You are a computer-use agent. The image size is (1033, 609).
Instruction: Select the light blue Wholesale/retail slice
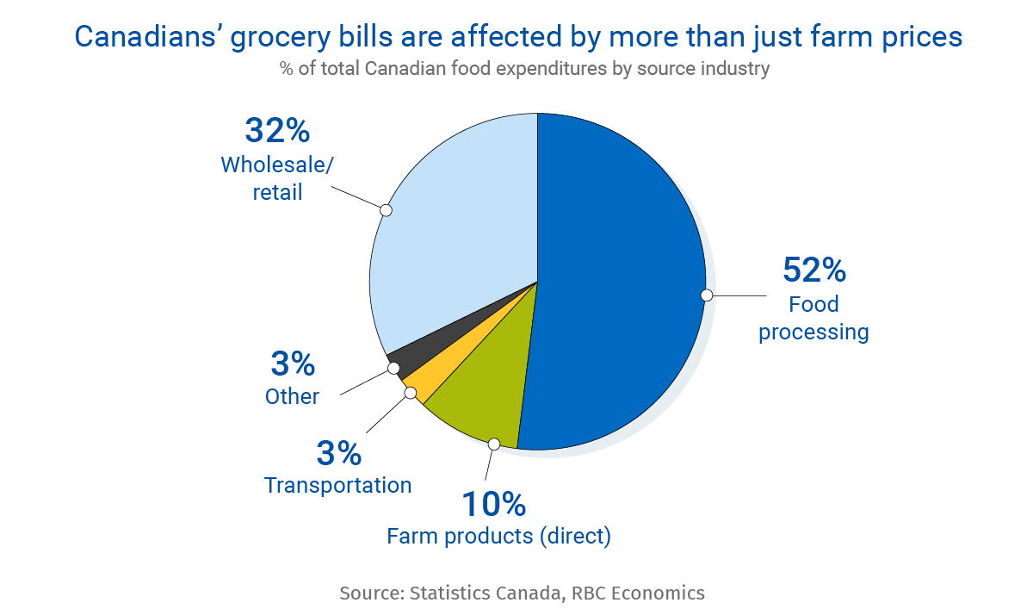click(456, 224)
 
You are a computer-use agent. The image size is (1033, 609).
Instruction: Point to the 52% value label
click(813, 270)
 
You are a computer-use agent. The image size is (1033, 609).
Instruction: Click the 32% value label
click(276, 131)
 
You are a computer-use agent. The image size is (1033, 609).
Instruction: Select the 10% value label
click(493, 503)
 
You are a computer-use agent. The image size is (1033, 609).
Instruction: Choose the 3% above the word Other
click(293, 364)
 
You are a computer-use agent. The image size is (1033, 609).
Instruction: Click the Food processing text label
click(813, 318)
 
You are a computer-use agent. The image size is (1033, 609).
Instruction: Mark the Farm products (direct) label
click(498, 536)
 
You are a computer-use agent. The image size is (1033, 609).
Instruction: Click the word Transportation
click(337, 485)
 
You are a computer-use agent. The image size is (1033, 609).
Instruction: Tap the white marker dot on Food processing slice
click(707, 295)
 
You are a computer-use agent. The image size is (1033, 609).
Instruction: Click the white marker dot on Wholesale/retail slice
click(386, 209)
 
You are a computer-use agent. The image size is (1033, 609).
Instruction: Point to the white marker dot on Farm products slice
click(493, 444)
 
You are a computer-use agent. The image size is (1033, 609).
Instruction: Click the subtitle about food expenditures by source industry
click(523, 69)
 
